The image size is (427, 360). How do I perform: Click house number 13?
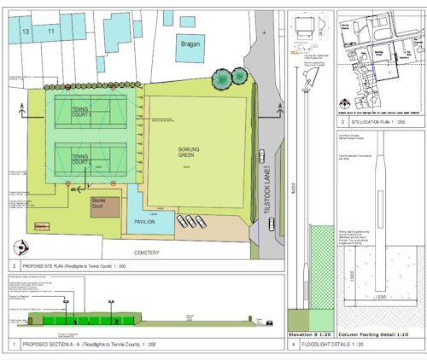(26, 31)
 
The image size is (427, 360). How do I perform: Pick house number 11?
(51, 31)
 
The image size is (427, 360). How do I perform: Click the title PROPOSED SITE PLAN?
(85, 268)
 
